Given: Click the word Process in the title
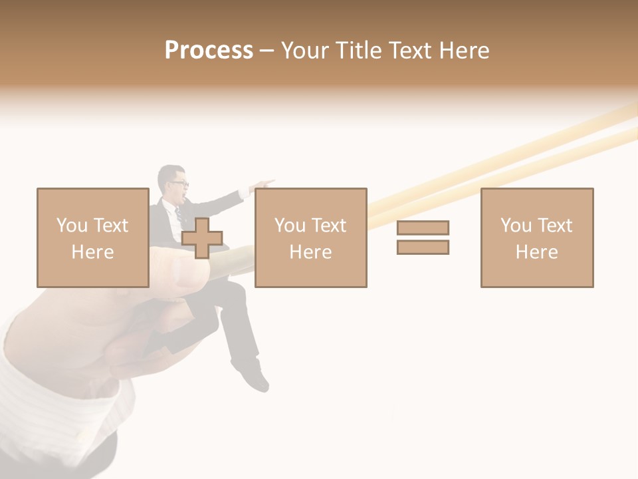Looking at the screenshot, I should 209,51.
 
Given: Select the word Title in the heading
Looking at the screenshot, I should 360,51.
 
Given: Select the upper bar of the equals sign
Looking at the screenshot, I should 423,228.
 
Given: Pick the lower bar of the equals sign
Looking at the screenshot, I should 423,247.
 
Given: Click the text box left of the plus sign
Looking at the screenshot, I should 92,238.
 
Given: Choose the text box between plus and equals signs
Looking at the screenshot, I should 310,238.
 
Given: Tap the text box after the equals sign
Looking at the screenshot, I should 536,238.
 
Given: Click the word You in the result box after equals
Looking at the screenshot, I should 516,226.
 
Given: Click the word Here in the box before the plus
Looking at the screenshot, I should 92,252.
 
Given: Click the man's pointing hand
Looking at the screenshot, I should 265,182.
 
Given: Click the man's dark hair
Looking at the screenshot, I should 169,172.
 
